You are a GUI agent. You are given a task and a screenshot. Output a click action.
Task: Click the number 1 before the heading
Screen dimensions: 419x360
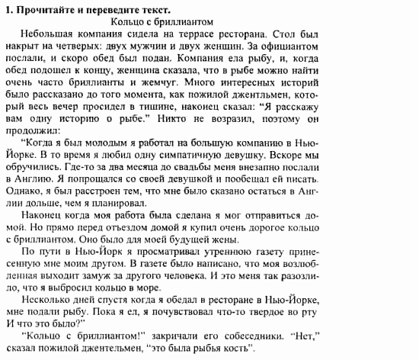point(7,8)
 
